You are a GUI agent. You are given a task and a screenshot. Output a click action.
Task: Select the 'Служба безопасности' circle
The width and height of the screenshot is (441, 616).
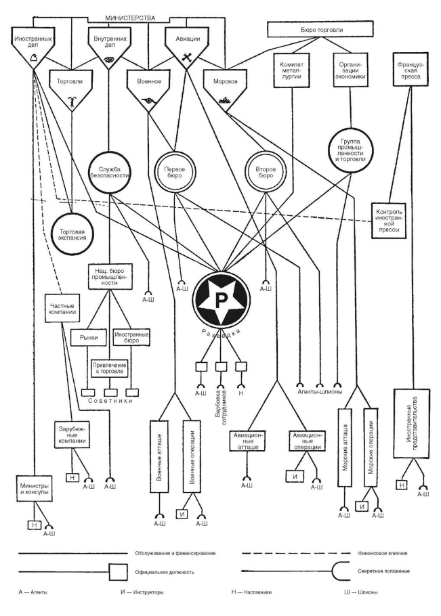(110, 169)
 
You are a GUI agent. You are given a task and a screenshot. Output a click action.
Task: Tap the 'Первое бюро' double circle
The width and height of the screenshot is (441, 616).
(175, 168)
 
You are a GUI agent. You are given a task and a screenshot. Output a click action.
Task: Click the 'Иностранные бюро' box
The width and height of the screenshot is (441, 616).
(131, 337)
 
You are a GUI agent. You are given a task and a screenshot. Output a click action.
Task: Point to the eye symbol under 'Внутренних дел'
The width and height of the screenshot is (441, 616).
(108, 60)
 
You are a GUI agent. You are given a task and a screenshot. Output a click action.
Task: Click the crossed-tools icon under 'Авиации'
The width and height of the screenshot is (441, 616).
(184, 59)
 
